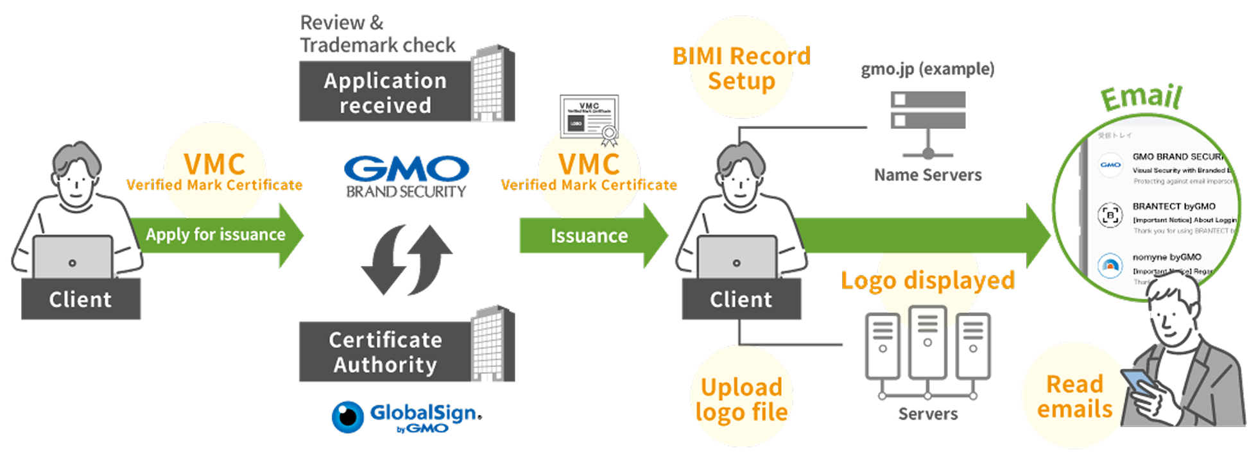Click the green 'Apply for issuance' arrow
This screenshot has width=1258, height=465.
pyautogui.click(x=216, y=235)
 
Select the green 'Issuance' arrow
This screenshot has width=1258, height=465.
pyautogui.click(x=589, y=236)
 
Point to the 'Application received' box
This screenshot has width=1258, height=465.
pyautogui.click(x=385, y=92)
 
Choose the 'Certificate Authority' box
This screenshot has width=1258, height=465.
pyautogui.click(x=385, y=352)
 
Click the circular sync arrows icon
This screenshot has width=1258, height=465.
pyautogui.click(x=407, y=259)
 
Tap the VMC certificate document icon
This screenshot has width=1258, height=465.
pyautogui.click(x=589, y=118)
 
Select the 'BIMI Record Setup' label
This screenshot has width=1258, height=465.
pyautogui.click(x=741, y=69)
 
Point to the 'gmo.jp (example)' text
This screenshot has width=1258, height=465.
pyautogui.click(x=927, y=69)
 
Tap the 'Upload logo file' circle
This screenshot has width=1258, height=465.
pyautogui.click(x=741, y=399)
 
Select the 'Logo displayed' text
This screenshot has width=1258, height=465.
pyautogui.click(x=927, y=280)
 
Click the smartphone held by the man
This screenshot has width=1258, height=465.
pyautogui.click(x=1140, y=385)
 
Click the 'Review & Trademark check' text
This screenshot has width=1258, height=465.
pyautogui.click(x=377, y=34)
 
